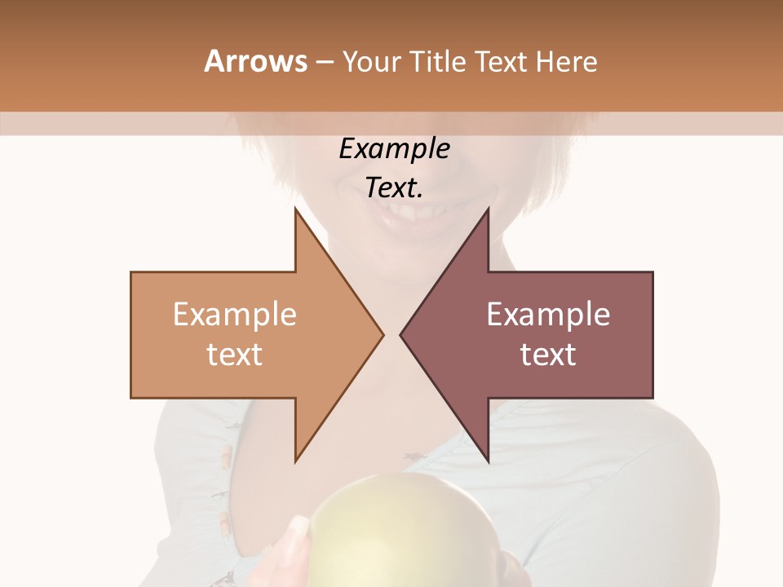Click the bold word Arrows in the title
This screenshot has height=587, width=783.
pyautogui.click(x=255, y=62)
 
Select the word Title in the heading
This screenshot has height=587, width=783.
pyautogui.click(x=436, y=62)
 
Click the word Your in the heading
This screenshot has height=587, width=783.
pyautogui.click(x=371, y=62)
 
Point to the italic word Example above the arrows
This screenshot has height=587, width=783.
pyautogui.click(x=394, y=149)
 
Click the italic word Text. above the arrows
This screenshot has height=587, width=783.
pyautogui.click(x=394, y=188)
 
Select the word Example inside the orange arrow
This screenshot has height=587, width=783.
pyautogui.click(x=235, y=315)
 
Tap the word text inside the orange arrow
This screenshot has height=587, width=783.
pyautogui.click(x=235, y=355)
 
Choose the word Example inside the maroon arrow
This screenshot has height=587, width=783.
pyautogui.click(x=548, y=315)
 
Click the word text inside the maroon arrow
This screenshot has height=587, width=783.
pyautogui.click(x=548, y=355)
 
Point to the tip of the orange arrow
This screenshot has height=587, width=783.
pyautogui.click(x=382, y=334)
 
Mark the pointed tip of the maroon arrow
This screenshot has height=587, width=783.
pyautogui.click(x=401, y=334)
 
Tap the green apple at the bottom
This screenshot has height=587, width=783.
pyautogui.click(x=383, y=538)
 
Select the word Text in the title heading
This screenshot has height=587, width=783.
pyautogui.click(x=500, y=62)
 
